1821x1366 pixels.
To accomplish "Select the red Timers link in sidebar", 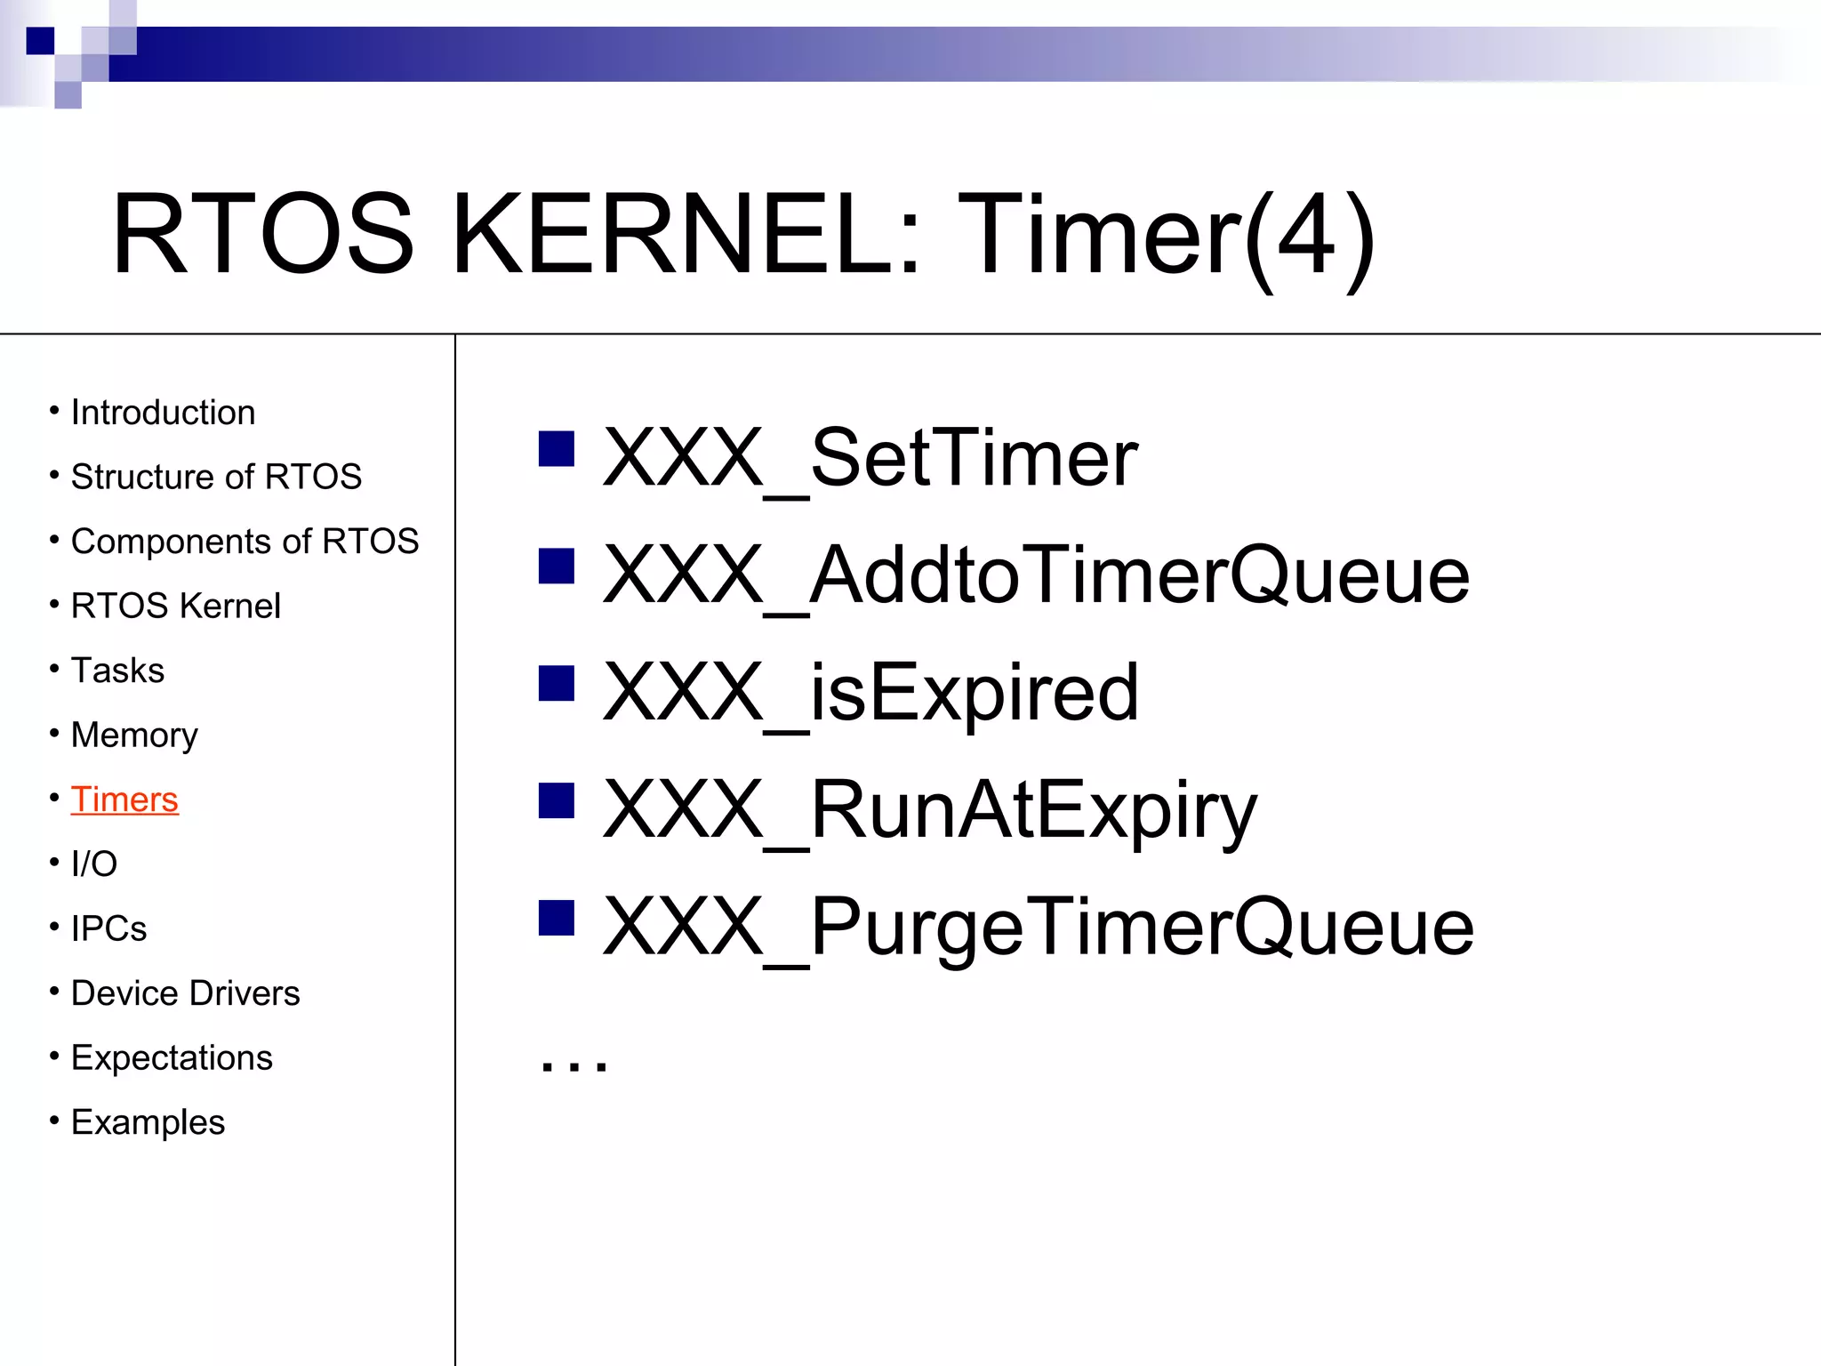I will pos(124,800).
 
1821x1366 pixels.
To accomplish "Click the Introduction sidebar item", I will pos(163,413).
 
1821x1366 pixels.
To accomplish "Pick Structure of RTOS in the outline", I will pos(216,478).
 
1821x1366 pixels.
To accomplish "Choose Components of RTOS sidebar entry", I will pos(245,542).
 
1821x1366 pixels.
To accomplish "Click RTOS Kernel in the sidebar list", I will pos(175,607).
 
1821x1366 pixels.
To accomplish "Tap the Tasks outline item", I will pos(117,671).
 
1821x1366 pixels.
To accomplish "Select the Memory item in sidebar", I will pos(134,735).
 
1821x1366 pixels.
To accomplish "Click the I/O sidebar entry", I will pos(94,864).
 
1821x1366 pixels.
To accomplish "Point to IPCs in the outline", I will pos(108,928).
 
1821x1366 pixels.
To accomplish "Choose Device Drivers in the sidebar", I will pos(185,993).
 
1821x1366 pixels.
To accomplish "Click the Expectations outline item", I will pos(172,1058).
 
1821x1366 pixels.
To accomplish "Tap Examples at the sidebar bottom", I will pos(148,1122).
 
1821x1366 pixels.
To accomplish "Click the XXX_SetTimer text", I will pos(870,459).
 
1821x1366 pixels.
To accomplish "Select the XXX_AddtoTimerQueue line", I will pos(1036,576).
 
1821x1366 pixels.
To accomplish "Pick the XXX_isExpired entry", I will pos(870,694).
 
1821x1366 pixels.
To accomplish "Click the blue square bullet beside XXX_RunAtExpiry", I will pos(557,800).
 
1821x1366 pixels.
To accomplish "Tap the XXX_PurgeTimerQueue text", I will pos(1038,928).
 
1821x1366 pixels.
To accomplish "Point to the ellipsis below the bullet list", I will pos(574,1064).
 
